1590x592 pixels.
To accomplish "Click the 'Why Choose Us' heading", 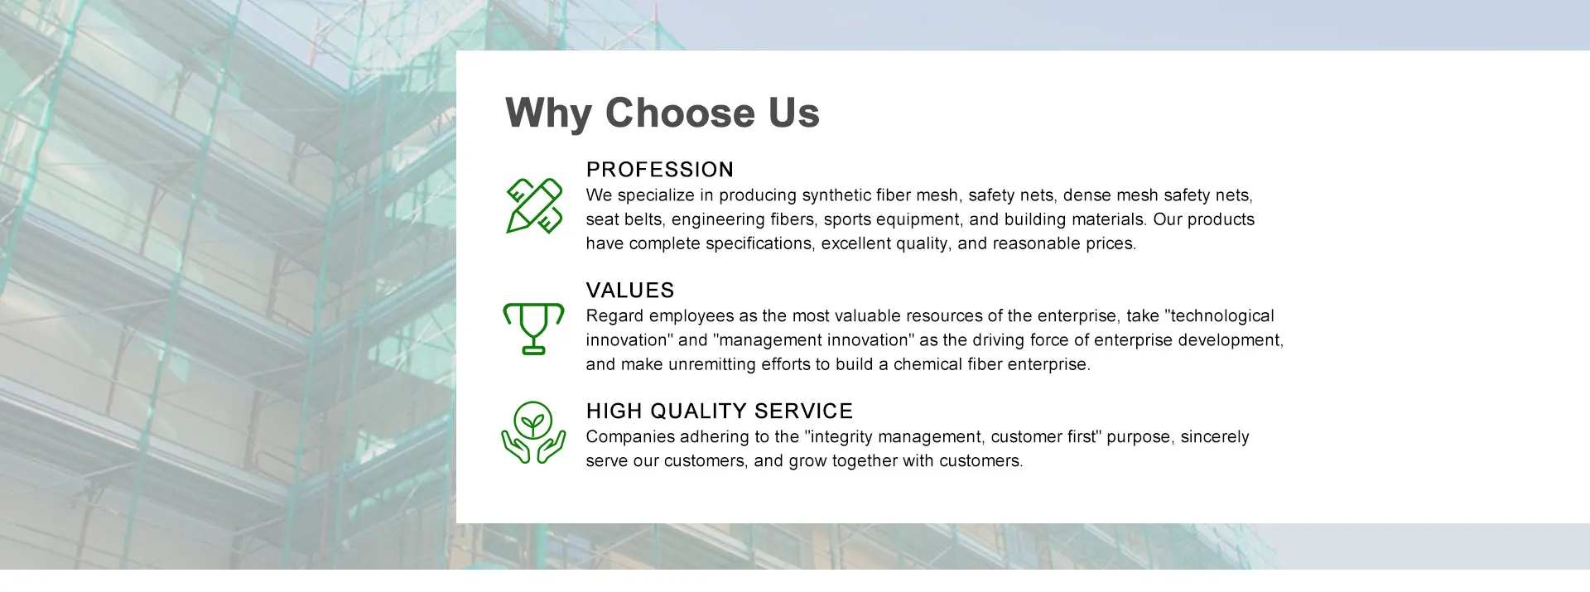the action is pyautogui.click(x=662, y=113).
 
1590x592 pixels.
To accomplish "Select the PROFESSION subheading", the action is pyautogui.click(x=660, y=170).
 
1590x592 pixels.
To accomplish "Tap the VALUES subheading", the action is pyautogui.click(x=630, y=291).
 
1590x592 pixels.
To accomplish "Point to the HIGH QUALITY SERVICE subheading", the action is pyautogui.click(x=720, y=412).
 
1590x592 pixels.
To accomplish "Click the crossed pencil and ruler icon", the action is pyautogui.click(x=534, y=205).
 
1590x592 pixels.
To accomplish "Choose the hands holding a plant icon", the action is pyautogui.click(x=534, y=432).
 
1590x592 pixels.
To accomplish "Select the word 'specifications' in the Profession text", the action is pyautogui.click(x=759, y=244).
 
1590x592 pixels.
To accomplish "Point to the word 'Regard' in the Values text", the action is pyautogui.click(x=615, y=316).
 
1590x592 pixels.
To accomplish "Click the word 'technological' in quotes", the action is pyautogui.click(x=1223, y=316).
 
